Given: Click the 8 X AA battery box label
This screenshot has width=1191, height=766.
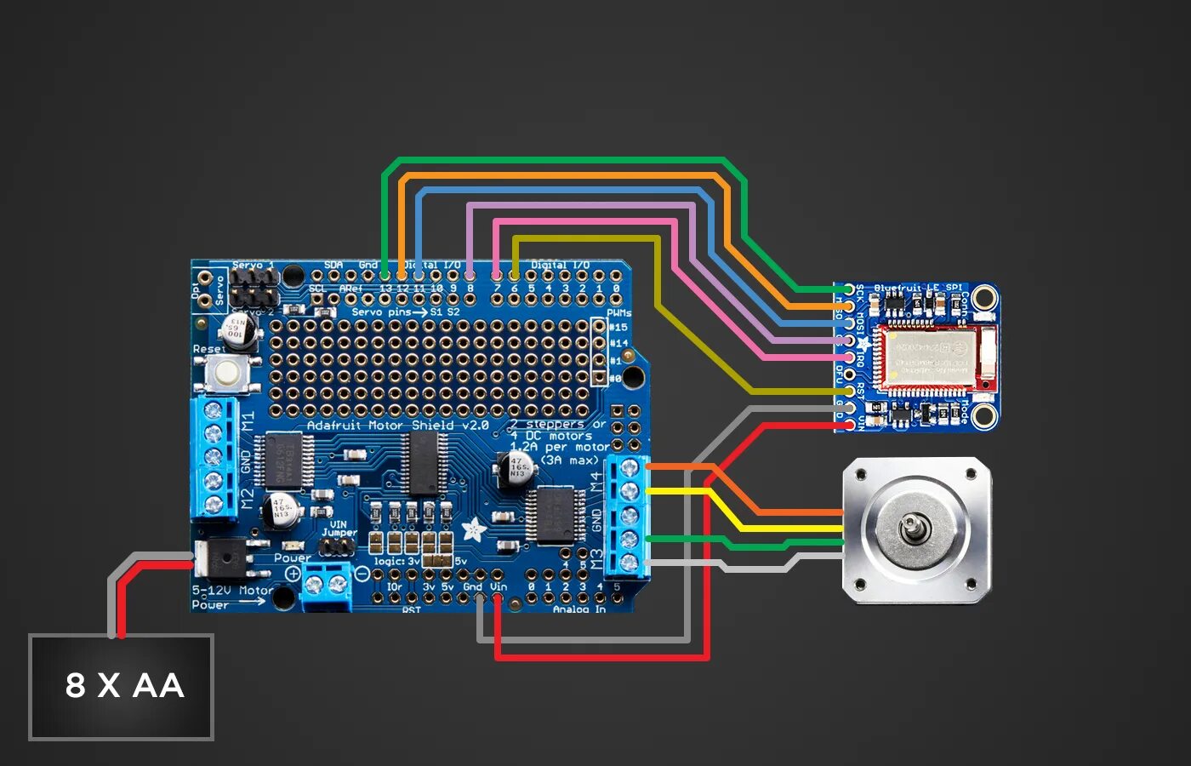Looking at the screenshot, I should pos(124,686).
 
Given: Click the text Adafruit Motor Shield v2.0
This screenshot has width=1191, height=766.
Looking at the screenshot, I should pos(397,425).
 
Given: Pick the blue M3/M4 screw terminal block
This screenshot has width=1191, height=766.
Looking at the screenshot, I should pos(629,516).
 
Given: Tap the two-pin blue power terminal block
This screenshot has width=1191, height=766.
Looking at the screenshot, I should pos(327,585).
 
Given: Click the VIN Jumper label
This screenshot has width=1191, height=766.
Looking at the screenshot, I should pos(338,529).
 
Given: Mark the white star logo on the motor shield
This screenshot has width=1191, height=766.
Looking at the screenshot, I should pos(473,530).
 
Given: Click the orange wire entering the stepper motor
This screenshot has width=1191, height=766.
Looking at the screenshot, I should pos(800,512).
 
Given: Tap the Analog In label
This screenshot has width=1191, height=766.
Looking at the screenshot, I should pos(578,609).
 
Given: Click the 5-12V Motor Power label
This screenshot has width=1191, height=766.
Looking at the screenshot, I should pos(230,597).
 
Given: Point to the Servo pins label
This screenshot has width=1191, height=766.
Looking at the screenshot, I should pos(381,312).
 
